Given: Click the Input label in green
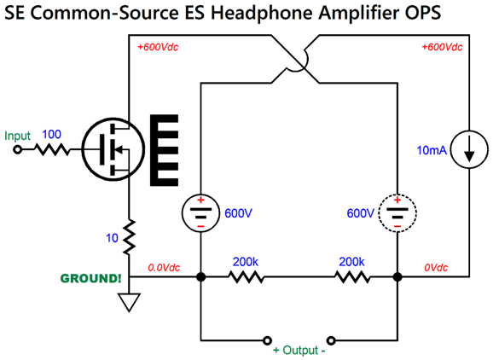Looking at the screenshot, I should click(17, 136).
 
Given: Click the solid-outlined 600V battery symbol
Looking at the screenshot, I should click(200, 212).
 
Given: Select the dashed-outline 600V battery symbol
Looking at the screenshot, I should click(397, 212).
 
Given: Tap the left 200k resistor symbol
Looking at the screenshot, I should click(244, 277).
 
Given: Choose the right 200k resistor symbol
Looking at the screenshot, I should click(351, 277).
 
